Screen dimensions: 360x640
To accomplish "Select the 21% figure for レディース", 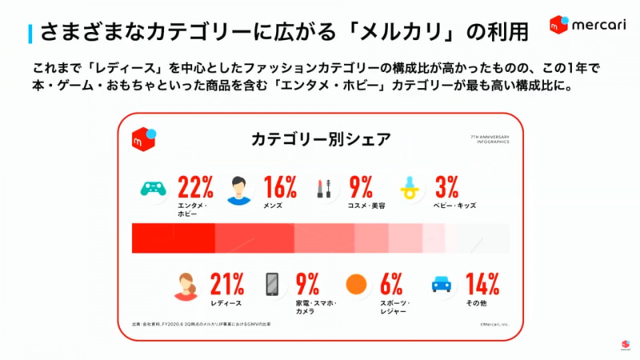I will click(227, 283).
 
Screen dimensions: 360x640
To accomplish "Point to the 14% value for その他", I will click(482, 283).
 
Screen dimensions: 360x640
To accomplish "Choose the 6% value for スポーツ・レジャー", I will click(391, 283).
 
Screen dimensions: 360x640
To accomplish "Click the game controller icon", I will click(154, 189).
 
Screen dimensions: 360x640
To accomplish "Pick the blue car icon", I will click(441, 284).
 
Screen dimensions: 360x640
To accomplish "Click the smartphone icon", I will click(272, 285).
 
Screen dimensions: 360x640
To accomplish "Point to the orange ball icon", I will click(356, 284).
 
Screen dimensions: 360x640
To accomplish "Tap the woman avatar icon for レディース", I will click(186, 286).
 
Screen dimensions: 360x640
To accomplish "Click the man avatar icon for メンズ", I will click(239, 190).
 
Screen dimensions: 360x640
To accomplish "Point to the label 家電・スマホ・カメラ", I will click(316, 307).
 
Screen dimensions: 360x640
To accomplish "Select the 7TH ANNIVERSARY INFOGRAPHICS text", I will click(490, 140).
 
